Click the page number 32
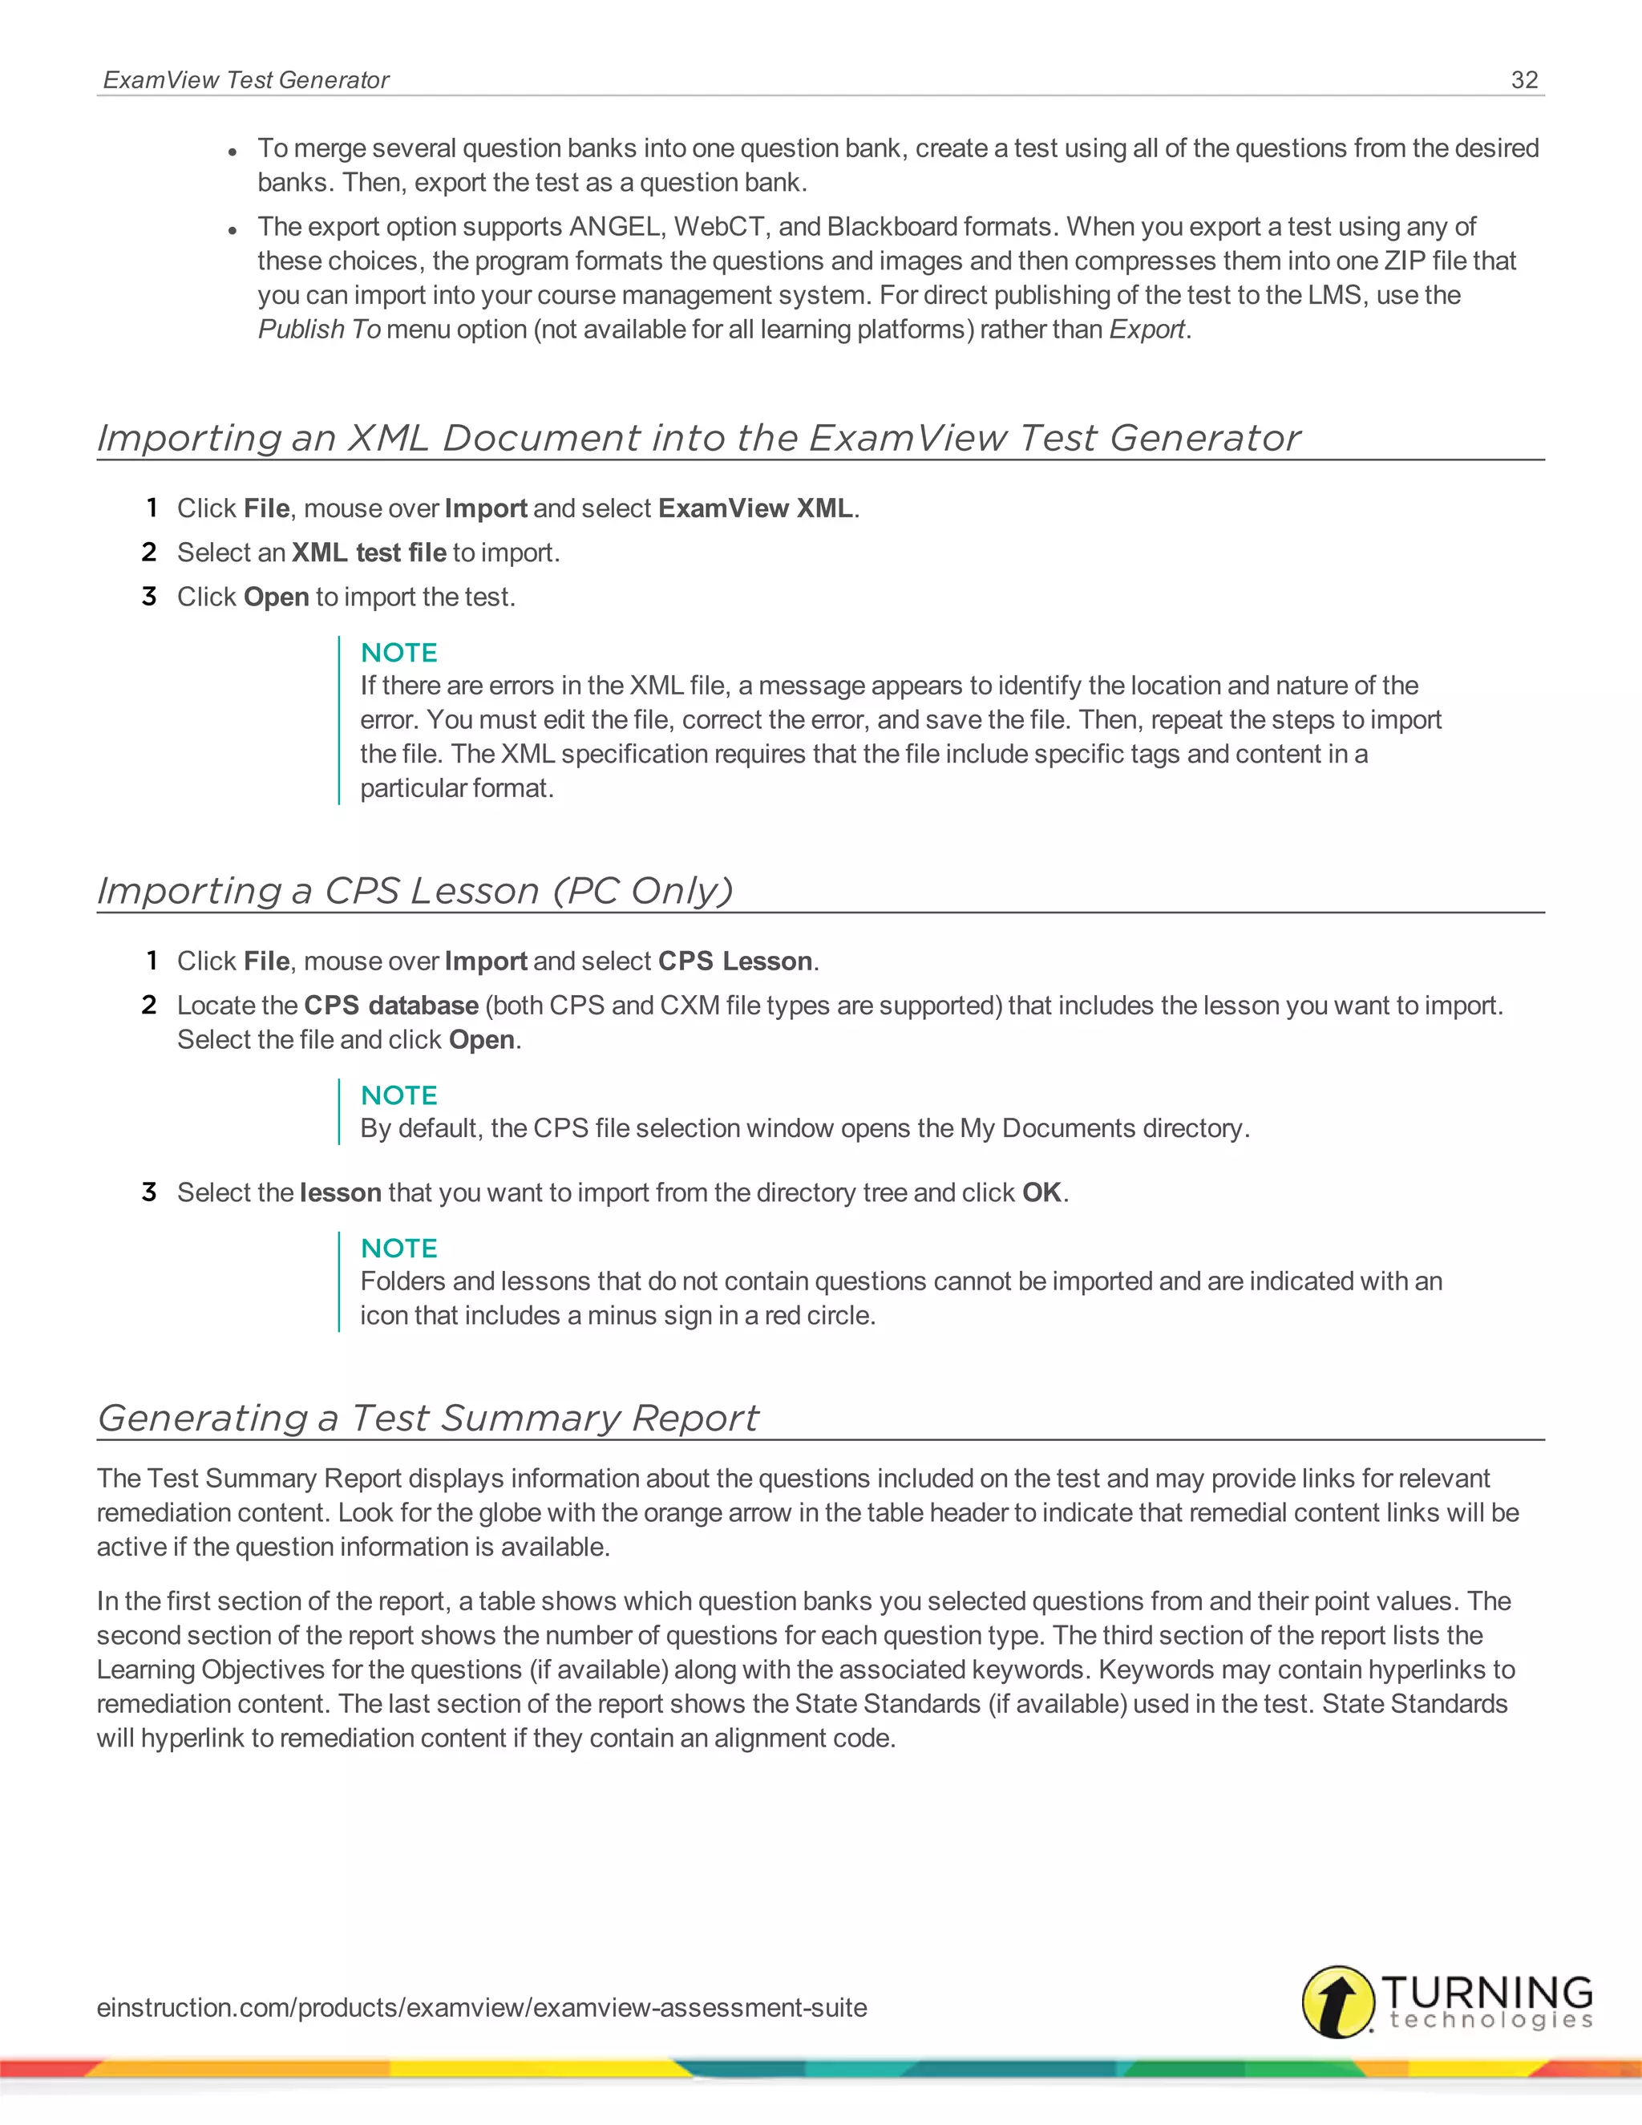(1523, 79)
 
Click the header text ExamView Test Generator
(246, 79)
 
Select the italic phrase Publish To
(319, 330)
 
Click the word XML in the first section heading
(388, 439)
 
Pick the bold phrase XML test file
(369, 552)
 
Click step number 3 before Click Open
(149, 597)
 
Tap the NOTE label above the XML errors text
(398, 653)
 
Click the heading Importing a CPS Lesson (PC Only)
(415, 891)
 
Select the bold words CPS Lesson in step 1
(735, 961)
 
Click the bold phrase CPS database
(391, 1005)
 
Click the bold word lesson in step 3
(341, 1193)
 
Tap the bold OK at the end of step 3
(1041, 1193)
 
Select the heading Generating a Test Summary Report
(428, 1419)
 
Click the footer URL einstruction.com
(482, 2007)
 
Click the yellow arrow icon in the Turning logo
(1338, 2002)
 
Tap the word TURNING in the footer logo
(1486, 1992)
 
